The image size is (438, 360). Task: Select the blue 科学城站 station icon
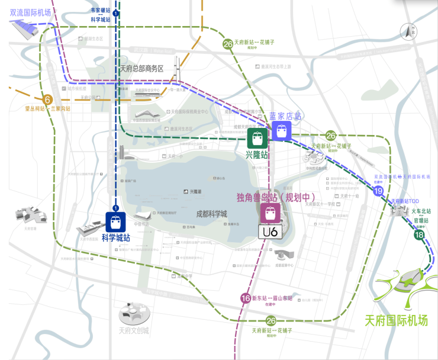click(116, 221)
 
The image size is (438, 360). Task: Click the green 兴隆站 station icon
click(257, 139)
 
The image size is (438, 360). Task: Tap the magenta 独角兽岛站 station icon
click(270, 213)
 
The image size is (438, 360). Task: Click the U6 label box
click(270, 232)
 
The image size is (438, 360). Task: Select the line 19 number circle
click(378, 191)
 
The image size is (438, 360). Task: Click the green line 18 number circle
click(420, 236)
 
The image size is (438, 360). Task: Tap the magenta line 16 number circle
click(246, 298)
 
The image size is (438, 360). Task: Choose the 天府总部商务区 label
click(141, 69)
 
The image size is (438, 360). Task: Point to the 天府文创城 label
click(134, 330)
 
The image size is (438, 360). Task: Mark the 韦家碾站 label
click(101, 11)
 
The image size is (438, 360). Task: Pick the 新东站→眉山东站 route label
click(272, 298)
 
